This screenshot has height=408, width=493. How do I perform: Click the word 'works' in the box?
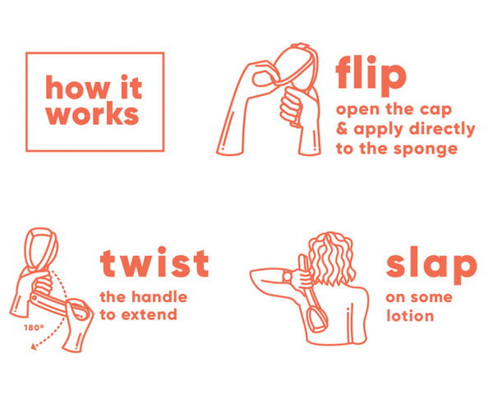(92, 114)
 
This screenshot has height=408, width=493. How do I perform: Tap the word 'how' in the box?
(78, 87)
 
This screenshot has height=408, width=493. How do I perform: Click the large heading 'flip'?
(371, 76)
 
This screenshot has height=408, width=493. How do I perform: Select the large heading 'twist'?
(154, 262)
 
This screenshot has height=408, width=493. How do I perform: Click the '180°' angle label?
(34, 328)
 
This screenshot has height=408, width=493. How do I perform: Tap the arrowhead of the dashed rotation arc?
(34, 346)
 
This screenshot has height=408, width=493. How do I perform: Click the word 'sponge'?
(426, 149)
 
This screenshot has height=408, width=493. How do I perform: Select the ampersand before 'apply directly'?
(342, 129)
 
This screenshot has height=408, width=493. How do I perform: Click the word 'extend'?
(150, 314)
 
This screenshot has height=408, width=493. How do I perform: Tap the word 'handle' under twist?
(159, 296)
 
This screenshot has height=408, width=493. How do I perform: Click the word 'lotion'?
(410, 315)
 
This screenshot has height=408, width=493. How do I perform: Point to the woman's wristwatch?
(288, 277)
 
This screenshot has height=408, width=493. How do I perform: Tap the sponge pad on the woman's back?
(316, 319)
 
